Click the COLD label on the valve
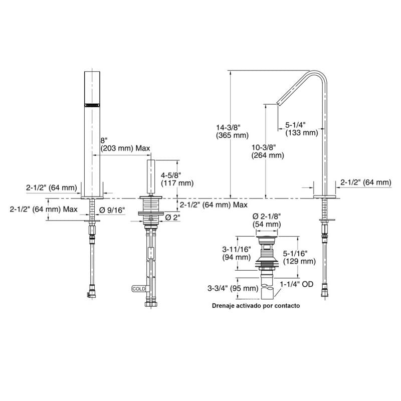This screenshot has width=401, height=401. (x=139, y=289)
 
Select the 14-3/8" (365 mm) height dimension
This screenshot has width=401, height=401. (x=232, y=131)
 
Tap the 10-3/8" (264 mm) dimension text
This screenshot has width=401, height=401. (x=268, y=151)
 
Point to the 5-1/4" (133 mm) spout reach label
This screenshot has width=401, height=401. (x=302, y=129)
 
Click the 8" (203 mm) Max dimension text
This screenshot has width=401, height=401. (x=125, y=144)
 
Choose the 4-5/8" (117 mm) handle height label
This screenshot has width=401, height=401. (x=177, y=179)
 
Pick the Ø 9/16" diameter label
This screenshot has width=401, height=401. (x=112, y=210)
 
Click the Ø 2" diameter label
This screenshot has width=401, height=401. (x=172, y=218)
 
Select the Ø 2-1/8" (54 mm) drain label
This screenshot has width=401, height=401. (x=267, y=220)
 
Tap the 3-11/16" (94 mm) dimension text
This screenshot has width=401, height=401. (x=236, y=253)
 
